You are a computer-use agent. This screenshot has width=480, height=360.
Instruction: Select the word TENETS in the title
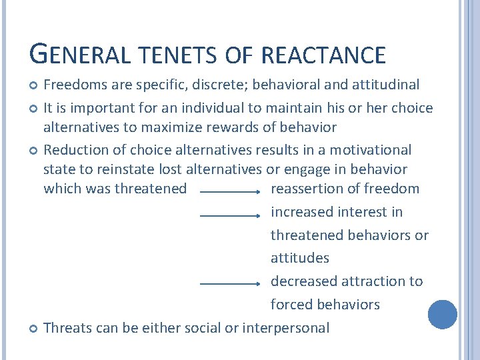[x=174, y=55]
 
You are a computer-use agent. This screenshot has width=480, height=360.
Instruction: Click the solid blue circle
[x=442, y=315]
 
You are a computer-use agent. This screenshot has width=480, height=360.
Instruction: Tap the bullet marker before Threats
[x=35, y=329]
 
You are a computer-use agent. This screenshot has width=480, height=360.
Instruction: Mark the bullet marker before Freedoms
[x=35, y=85]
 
